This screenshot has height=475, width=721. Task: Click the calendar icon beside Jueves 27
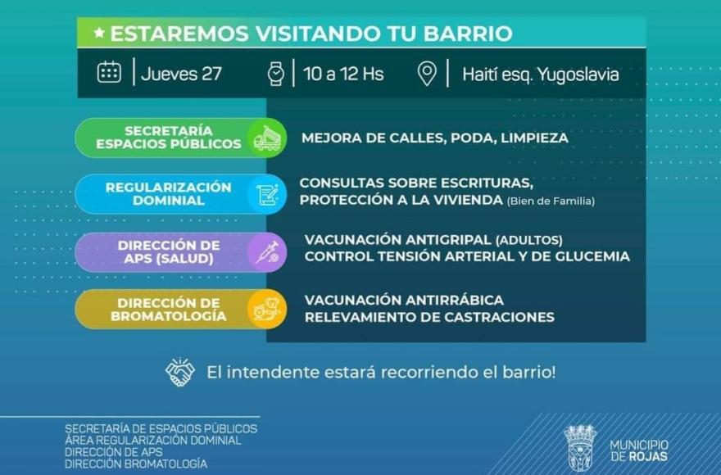click(x=110, y=72)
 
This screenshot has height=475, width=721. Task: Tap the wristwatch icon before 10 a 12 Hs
click(x=276, y=74)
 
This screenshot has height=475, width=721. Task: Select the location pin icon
click(x=427, y=74)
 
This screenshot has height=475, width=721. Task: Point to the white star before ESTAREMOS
click(x=99, y=33)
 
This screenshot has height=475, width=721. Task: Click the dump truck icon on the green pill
click(x=267, y=138)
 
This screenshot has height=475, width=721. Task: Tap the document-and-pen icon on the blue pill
click(x=268, y=195)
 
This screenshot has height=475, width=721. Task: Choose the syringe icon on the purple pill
click(x=268, y=252)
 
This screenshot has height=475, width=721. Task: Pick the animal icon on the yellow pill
click(x=267, y=309)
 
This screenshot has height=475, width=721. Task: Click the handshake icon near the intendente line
click(x=179, y=372)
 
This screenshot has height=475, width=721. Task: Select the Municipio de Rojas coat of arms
click(x=580, y=447)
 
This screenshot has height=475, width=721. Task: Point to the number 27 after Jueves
click(x=211, y=74)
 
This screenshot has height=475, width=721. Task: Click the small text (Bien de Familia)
click(x=551, y=201)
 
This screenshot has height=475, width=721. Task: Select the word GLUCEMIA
click(x=592, y=256)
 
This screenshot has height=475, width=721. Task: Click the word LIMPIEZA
click(x=534, y=138)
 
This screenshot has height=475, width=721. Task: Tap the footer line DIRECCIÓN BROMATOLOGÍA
click(x=136, y=464)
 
